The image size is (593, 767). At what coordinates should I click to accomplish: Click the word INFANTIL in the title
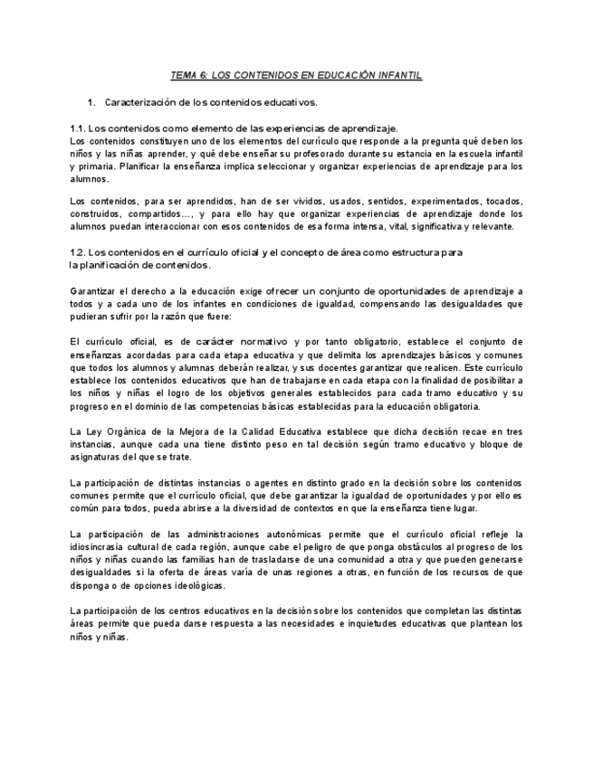click(x=395, y=76)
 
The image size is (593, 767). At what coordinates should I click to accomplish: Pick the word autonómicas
click(x=257, y=534)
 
